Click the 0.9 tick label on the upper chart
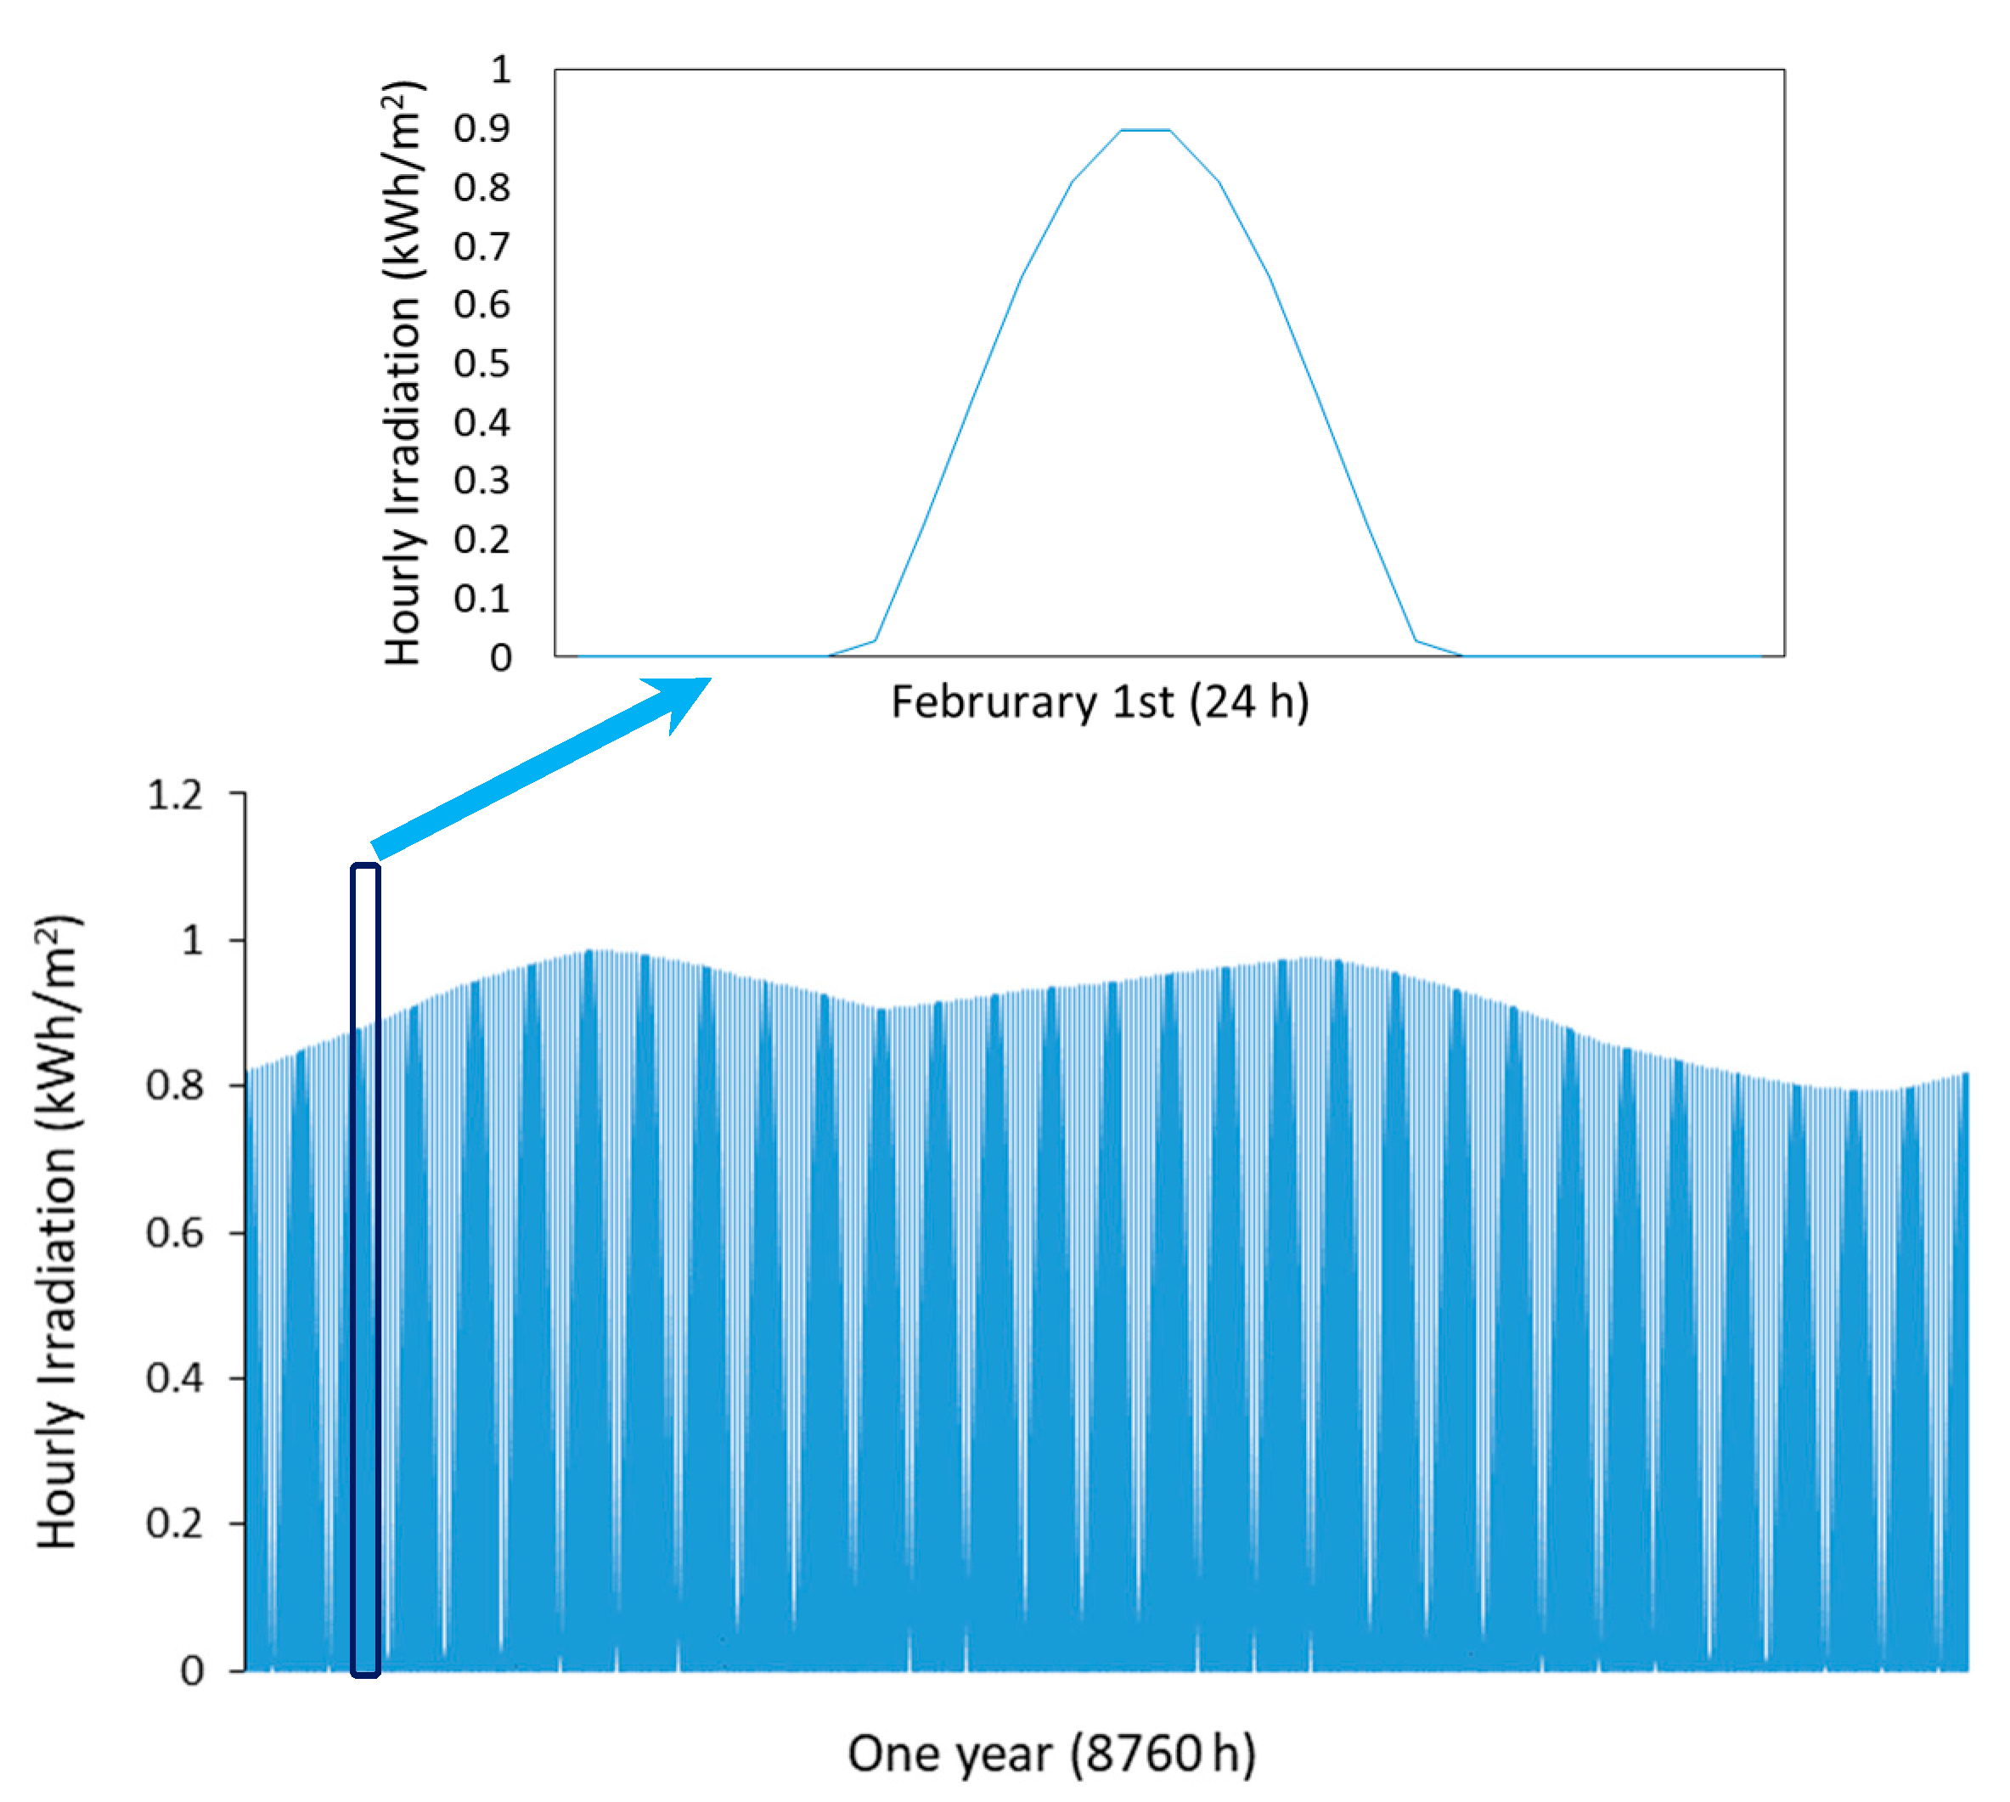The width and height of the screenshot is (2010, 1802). [481, 129]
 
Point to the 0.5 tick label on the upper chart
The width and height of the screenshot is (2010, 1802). [481, 364]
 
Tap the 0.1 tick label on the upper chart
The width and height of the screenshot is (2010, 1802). [481, 599]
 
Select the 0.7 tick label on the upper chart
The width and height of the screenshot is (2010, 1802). [481, 246]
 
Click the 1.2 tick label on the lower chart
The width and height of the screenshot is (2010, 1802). [175, 796]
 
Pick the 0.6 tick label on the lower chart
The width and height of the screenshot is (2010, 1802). [175, 1234]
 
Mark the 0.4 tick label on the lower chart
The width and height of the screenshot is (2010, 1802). [175, 1378]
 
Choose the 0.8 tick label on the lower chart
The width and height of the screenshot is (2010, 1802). [175, 1087]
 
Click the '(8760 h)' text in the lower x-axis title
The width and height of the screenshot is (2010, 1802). [1163, 1754]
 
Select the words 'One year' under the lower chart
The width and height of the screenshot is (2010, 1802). [949, 1754]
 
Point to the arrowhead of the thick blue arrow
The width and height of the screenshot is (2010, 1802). [684, 697]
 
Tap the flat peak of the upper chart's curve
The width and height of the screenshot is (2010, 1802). [1145, 130]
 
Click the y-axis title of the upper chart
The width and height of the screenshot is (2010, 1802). [404, 374]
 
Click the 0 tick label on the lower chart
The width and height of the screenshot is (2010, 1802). [192, 1671]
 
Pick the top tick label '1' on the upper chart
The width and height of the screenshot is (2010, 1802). [501, 70]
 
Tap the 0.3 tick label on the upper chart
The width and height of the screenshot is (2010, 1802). [481, 481]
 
